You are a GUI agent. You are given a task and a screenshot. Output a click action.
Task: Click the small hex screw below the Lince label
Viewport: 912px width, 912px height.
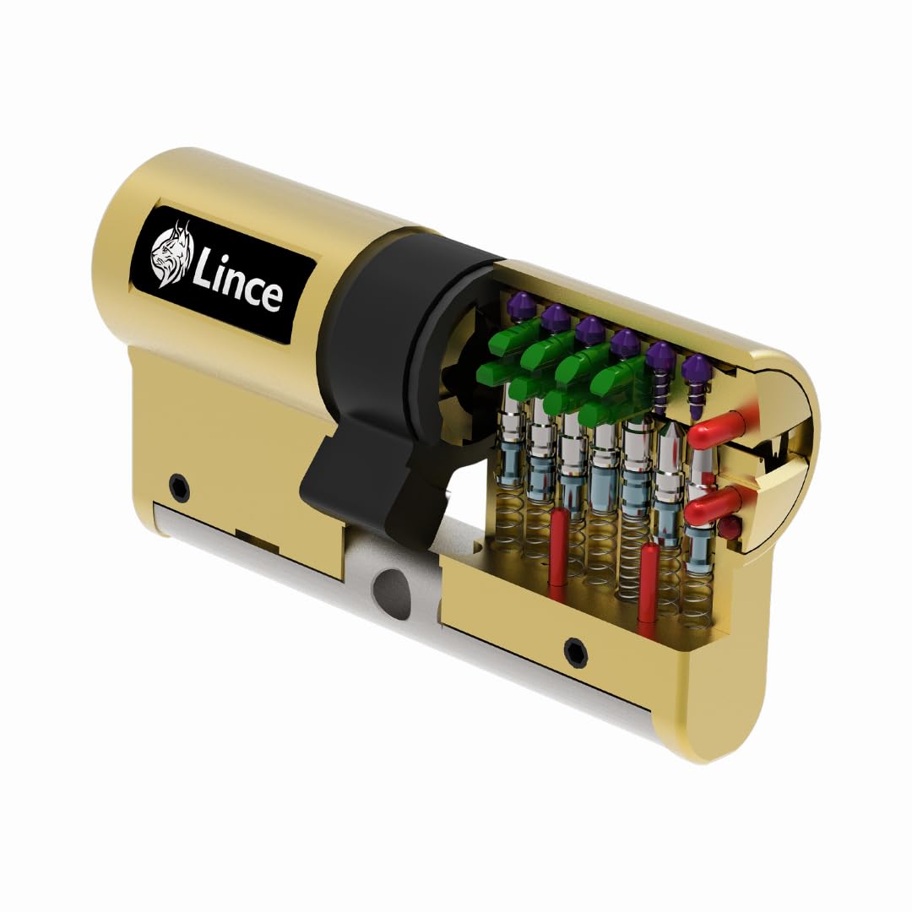179,487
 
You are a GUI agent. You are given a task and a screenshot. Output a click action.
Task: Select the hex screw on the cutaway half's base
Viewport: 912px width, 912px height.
576,651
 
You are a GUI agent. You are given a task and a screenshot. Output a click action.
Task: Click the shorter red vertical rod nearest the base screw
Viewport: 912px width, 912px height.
649,587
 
